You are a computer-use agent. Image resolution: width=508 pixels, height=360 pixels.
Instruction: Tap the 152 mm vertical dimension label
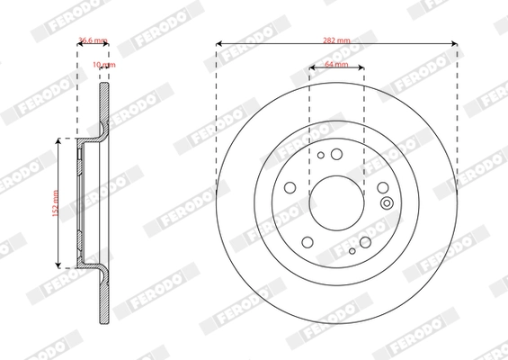54,202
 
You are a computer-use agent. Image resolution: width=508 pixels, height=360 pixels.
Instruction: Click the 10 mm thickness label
104,66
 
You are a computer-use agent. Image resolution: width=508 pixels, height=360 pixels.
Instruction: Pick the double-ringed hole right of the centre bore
387,202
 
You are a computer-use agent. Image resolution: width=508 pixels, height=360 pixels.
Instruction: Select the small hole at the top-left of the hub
320,155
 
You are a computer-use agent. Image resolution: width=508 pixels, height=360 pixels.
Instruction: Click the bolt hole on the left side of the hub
290,187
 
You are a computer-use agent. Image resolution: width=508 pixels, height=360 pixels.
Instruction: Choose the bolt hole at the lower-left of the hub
307,240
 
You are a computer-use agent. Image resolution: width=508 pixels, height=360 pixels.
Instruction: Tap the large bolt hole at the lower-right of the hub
365,241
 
